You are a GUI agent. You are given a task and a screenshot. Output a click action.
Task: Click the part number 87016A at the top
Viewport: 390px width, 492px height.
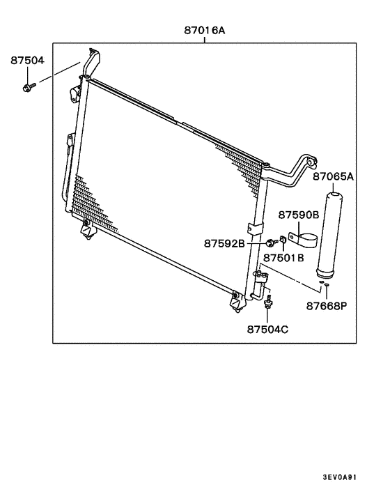tap(205, 31)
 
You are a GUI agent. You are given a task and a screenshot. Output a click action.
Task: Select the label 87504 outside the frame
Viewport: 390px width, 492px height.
tap(27, 61)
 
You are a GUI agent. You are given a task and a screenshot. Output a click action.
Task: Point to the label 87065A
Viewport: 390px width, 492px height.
tap(334, 176)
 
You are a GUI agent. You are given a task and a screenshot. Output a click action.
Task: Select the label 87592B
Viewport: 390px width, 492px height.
tap(224, 244)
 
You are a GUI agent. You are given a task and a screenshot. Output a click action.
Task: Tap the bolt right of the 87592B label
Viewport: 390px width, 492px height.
tap(270, 243)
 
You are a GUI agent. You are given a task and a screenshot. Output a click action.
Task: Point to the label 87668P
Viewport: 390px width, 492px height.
tap(327, 305)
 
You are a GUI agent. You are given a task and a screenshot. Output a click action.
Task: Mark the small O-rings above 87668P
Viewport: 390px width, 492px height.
tap(326, 286)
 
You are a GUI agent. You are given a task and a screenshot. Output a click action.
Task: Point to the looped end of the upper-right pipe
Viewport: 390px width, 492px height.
tap(311, 163)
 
